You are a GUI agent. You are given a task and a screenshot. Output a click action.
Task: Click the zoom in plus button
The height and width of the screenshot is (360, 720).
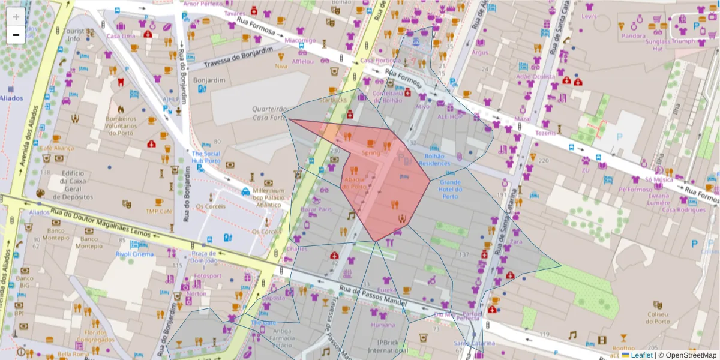point(16,17)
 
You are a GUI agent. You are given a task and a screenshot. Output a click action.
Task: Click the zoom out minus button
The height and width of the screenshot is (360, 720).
point(16,35)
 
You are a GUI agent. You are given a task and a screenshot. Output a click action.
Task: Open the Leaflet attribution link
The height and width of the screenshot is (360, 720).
point(641,355)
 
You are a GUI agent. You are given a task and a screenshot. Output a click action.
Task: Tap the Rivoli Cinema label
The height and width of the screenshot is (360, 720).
point(134,254)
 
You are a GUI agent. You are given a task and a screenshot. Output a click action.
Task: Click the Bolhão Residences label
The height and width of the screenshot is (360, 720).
point(434,160)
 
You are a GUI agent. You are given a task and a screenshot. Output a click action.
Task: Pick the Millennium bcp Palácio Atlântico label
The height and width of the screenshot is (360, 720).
point(267,197)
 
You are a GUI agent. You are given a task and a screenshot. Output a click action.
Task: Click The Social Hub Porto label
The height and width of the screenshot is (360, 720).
point(206,157)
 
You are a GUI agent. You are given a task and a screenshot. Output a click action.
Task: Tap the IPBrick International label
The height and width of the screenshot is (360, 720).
point(388,346)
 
